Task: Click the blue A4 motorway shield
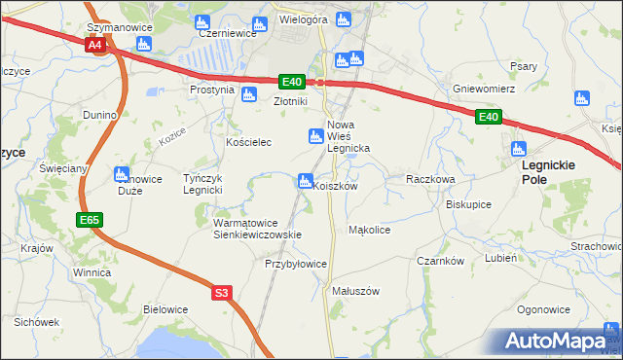(94, 46)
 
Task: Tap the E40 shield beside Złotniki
(292, 83)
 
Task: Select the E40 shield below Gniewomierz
(489, 118)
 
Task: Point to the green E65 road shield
(90, 221)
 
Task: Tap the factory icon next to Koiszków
(305, 181)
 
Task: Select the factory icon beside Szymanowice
(144, 44)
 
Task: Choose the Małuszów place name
(355, 291)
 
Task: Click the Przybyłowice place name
(296, 264)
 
